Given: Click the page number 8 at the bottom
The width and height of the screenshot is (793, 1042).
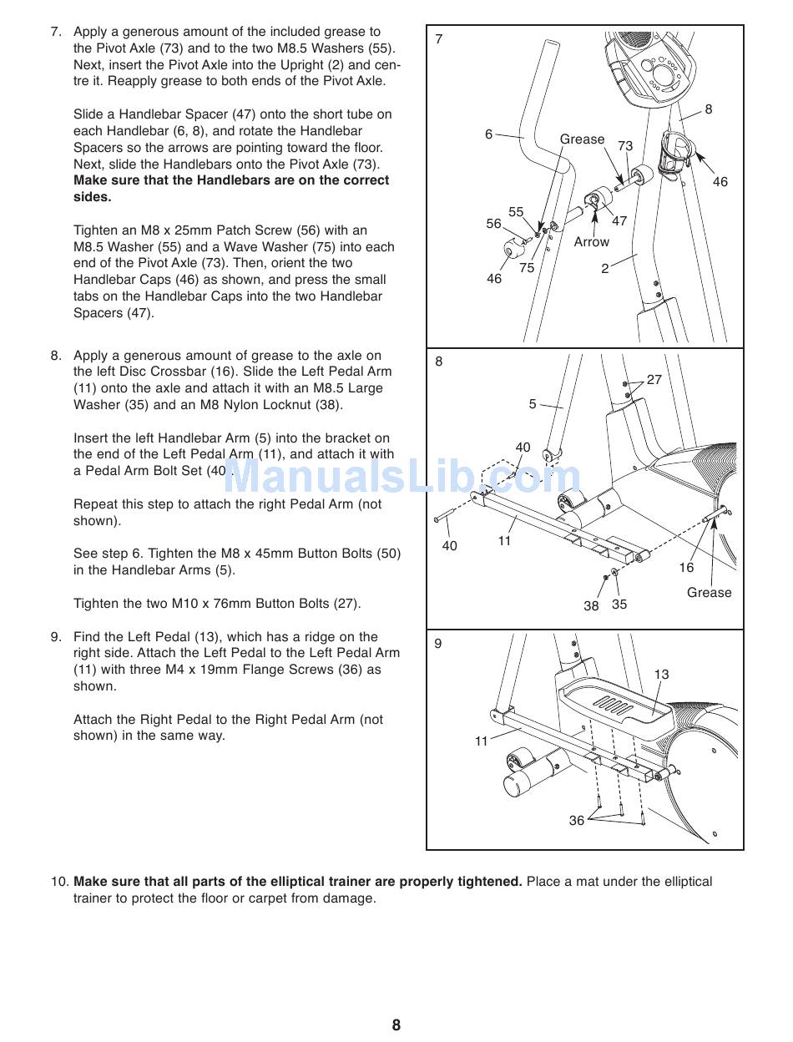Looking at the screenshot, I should coord(396,1025).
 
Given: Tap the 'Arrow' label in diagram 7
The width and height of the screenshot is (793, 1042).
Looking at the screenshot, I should coord(591,242).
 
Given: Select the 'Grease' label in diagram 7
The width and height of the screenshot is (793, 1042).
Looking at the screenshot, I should coord(582,139).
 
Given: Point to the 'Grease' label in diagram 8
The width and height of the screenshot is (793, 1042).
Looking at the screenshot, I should coord(709,593).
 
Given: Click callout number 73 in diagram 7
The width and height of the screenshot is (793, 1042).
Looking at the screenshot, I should coord(625,146).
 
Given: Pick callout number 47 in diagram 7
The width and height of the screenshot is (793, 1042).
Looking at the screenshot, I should coord(619,221).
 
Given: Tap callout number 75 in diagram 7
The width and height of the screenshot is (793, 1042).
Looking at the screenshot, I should coord(527,268).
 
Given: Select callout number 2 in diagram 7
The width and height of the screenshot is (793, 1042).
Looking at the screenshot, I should coord(605,269).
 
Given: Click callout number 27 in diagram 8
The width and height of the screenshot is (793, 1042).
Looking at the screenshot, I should coord(654,380).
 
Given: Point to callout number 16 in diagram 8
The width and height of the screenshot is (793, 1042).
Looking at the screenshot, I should coord(686,568).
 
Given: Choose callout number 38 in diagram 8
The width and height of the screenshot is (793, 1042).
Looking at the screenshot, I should coord(591,606).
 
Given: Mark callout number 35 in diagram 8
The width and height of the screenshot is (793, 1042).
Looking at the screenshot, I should coord(619,604).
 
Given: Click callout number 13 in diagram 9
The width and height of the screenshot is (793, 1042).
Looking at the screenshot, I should coord(661,675).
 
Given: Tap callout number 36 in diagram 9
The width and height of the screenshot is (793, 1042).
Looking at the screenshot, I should coord(577,821).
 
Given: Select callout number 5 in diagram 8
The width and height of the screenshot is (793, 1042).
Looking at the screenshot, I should coord(533,404).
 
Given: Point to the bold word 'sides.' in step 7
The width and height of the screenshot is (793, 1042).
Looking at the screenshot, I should coord(92,197).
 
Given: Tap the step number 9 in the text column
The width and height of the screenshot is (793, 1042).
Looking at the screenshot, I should coord(56,637).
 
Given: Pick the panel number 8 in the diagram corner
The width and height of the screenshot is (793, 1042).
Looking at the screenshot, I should coord(439,362).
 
